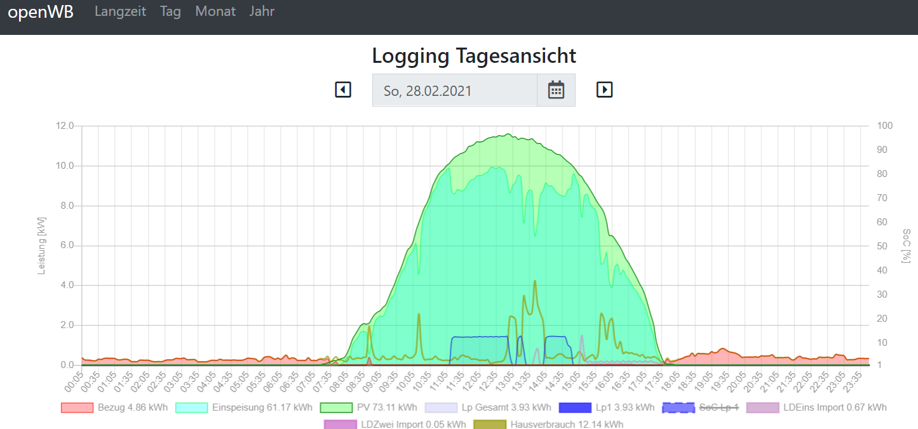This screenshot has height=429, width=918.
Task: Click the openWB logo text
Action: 41,12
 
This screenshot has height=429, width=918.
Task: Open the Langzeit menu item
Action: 120,11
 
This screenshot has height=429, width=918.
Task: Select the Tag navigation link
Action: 170,11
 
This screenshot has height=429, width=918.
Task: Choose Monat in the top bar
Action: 215,11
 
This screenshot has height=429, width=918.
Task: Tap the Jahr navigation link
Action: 262,11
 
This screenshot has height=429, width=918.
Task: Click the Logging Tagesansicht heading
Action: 474,56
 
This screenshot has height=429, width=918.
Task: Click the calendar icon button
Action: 556,90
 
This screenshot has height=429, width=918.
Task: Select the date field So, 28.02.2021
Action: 454,90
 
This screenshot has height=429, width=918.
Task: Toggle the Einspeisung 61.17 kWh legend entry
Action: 244,407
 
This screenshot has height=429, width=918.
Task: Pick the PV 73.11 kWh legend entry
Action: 368,407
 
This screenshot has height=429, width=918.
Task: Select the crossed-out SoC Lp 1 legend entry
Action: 700,407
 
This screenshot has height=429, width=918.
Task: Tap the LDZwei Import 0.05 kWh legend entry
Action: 395,424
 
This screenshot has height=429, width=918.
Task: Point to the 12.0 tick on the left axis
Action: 65,126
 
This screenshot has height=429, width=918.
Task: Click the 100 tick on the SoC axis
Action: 884,126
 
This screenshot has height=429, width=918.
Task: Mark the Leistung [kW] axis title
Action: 42,245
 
